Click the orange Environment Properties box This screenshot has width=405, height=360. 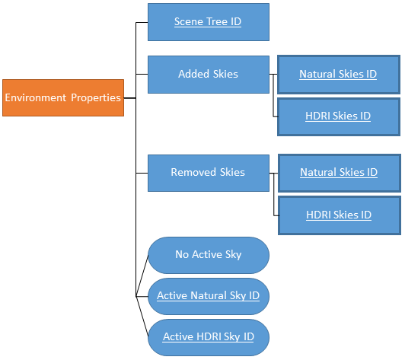tap(62, 97)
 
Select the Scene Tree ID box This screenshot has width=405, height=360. tap(208, 22)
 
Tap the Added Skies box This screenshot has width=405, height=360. tap(208, 75)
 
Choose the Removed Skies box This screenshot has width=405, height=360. tap(208, 173)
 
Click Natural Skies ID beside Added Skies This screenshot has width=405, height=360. tap(337, 75)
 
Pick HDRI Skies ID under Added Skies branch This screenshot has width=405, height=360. tap(337, 116)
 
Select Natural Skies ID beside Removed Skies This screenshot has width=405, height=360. tap(338, 173)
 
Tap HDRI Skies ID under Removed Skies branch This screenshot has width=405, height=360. tap(338, 215)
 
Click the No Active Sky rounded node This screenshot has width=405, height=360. tap(208, 255)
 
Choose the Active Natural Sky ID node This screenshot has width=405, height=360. tap(208, 295)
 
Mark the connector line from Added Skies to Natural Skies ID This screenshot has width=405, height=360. tap(274, 75)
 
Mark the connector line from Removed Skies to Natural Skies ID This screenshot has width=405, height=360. tap(274, 173)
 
